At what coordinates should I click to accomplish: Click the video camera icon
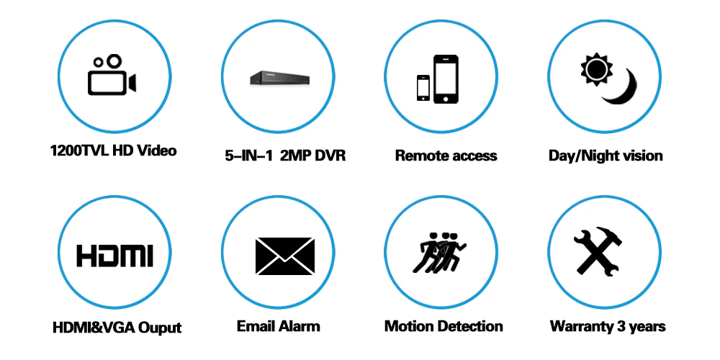[112, 75]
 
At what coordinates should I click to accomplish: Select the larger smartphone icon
[446, 79]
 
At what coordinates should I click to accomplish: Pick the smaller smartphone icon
[423, 88]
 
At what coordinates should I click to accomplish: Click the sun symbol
[596, 69]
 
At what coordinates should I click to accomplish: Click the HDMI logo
[114, 256]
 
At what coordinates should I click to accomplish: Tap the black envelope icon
[284, 256]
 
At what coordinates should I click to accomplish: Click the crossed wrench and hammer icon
[598, 251]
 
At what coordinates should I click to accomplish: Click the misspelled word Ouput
[160, 328]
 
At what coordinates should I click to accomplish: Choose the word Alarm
[299, 326]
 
